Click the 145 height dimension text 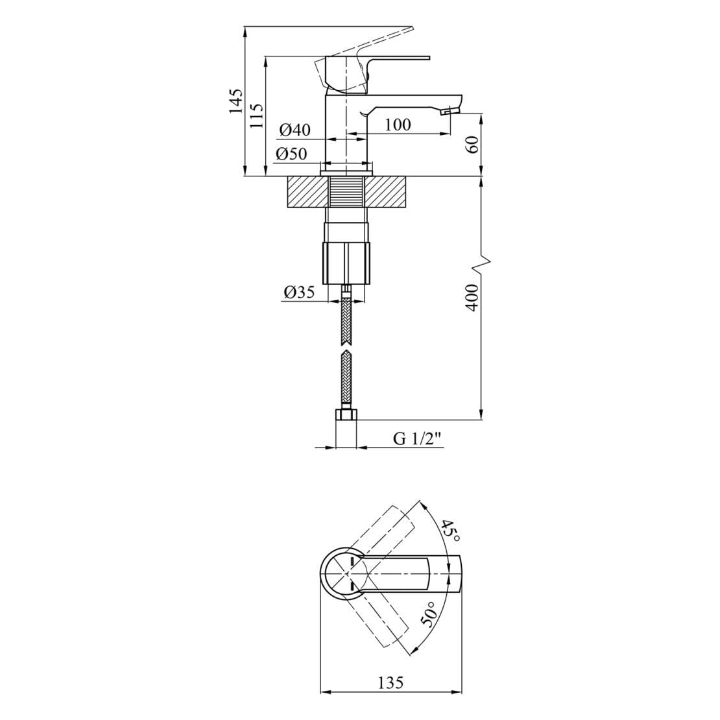coord(236,102)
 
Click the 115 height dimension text coord(257,116)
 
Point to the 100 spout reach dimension coord(398,125)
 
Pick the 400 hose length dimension coord(473,296)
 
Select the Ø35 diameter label coord(298,293)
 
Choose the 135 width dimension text coord(391,683)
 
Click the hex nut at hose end coord(346,415)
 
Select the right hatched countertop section coord(387,193)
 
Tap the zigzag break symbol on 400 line coord(482,261)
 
